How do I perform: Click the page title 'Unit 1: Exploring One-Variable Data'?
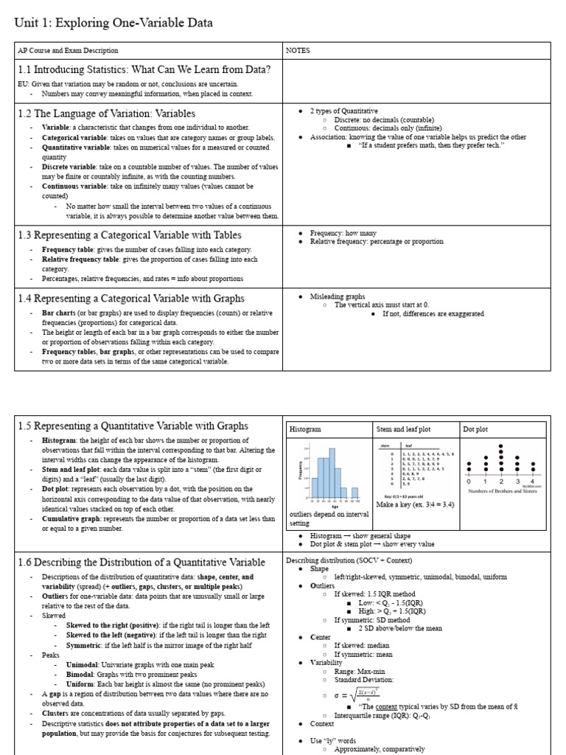113,23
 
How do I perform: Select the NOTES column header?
298,51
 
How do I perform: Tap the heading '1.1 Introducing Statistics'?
144,70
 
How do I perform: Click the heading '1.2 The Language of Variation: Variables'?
106,114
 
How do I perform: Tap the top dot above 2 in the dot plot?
500,447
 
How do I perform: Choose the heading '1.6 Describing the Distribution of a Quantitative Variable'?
141,563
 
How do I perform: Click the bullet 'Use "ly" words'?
333,740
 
